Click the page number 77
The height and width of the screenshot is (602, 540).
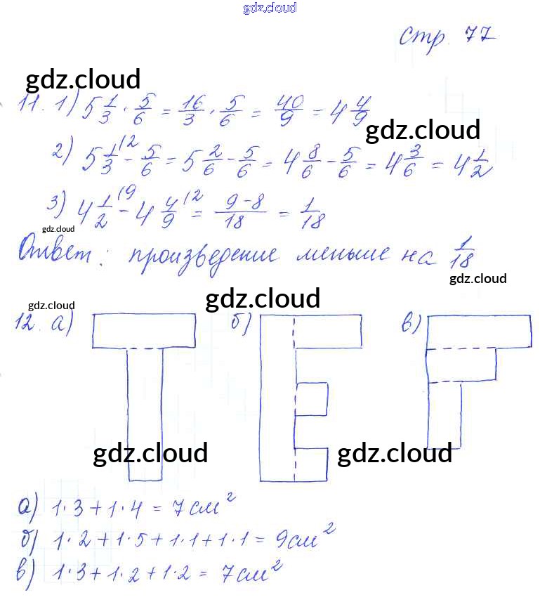point(480,34)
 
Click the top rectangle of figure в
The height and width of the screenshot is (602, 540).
point(478,331)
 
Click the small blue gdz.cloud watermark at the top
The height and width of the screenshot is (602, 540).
point(270,8)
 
